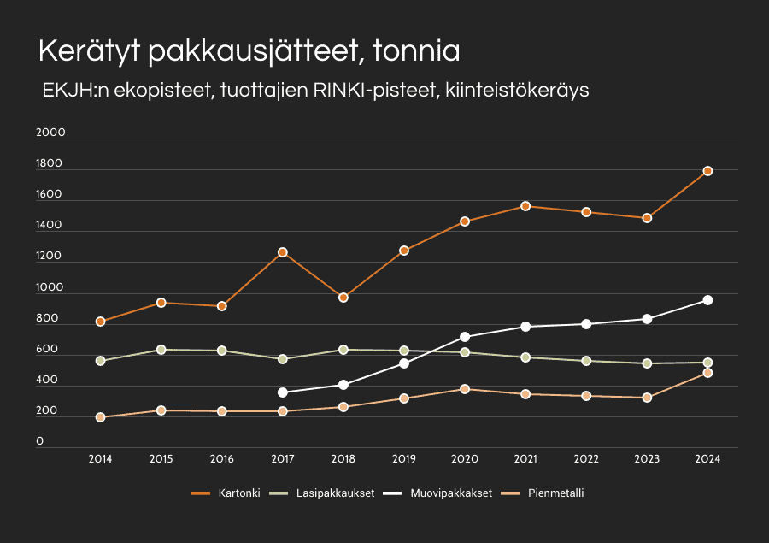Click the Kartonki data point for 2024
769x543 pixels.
click(707, 171)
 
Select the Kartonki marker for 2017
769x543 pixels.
click(283, 252)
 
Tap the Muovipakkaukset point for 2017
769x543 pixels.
click(283, 392)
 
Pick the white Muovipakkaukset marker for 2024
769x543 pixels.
click(707, 300)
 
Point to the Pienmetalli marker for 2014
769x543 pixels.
click(101, 417)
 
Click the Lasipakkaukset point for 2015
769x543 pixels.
click(161, 350)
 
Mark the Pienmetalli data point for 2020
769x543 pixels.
click(465, 389)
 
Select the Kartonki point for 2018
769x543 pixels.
click(343, 298)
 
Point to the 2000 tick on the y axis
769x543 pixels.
click(50, 133)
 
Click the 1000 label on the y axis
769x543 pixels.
click(50, 288)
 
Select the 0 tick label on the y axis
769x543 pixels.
click(40, 442)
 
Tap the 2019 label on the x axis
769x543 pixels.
click(404, 459)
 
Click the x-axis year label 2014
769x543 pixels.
click(101, 459)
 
